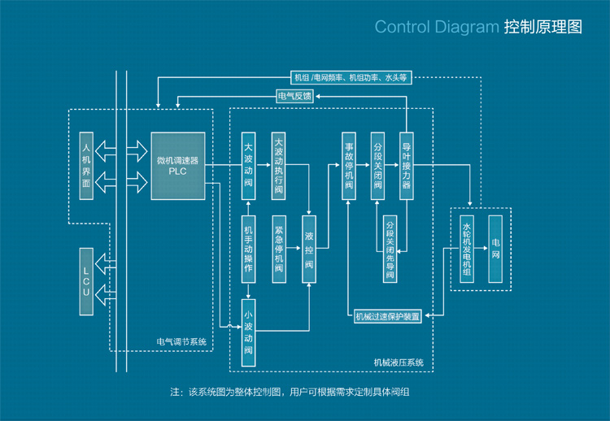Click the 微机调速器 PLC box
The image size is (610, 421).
177,166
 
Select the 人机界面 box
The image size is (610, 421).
86,166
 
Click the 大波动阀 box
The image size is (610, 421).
250,166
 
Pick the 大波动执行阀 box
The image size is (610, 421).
279,166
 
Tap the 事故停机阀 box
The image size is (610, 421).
348,166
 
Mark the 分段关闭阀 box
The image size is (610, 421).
377,166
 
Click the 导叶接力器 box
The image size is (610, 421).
407,166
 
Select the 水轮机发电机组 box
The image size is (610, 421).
467,249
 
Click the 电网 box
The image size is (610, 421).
495,249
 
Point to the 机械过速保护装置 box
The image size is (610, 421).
388,317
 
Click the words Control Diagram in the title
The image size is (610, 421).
436,28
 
